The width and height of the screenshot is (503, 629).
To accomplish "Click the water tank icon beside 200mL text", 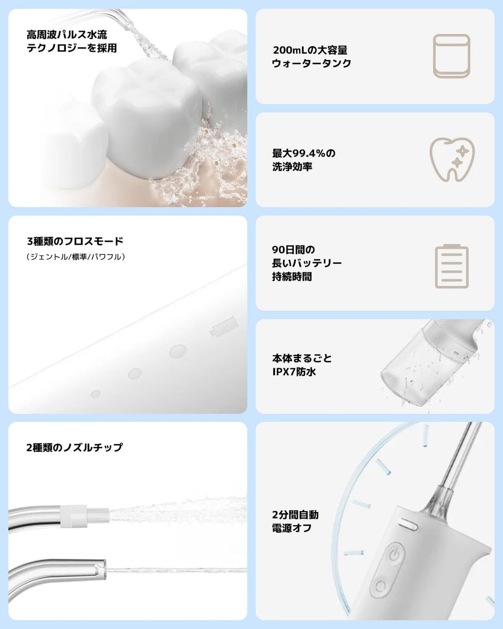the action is click(451, 56).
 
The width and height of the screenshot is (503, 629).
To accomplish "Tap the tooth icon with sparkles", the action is click(452, 160).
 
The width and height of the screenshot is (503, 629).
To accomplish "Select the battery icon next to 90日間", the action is click(451, 266).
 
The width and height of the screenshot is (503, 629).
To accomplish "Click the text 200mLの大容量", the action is click(310, 50).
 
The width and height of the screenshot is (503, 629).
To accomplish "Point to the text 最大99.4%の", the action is click(304, 153).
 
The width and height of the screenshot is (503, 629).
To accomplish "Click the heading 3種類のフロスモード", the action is click(75, 241).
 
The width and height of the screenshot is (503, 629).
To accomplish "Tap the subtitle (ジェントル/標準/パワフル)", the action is click(76, 257).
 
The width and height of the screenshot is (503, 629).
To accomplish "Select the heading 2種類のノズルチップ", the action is click(75, 448).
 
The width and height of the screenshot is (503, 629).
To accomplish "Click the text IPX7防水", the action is click(294, 372).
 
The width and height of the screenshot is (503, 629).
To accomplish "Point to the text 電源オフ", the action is click(292, 528).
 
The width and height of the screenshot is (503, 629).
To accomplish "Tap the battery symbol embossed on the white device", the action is click(224, 326).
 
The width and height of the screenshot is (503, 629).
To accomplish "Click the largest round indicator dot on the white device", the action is click(178, 351).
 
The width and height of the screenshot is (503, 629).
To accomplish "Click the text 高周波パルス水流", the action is click(67, 35).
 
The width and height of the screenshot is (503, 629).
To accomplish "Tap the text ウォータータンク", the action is click(311, 63).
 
